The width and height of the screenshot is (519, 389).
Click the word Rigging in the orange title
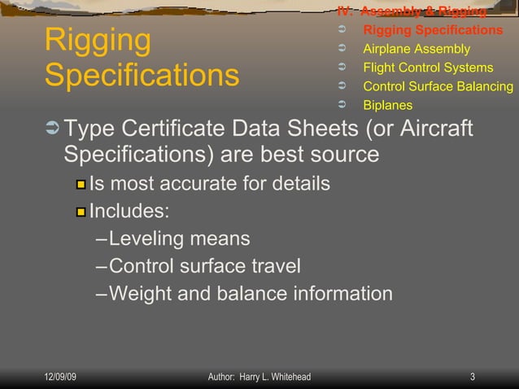click(98, 41)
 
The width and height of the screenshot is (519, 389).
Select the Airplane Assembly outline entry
click(416, 49)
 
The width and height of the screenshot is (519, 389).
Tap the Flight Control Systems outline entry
click(427, 68)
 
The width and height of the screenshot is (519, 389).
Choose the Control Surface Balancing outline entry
click(438, 86)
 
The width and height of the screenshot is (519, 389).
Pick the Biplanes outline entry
click(387, 105)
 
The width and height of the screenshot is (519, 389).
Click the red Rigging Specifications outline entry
click(432, 30)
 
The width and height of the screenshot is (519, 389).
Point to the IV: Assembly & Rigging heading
click(412, 11)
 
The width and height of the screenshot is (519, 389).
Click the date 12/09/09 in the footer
click(61, 377)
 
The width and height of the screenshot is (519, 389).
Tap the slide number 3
click(473, 377)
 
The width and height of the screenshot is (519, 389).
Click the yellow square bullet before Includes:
click(81, 212)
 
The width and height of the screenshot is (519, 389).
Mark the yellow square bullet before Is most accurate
click(81, 185)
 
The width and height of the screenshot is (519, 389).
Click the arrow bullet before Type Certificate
click(52, 129)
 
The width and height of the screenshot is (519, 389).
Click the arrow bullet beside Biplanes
click(342, 105)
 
